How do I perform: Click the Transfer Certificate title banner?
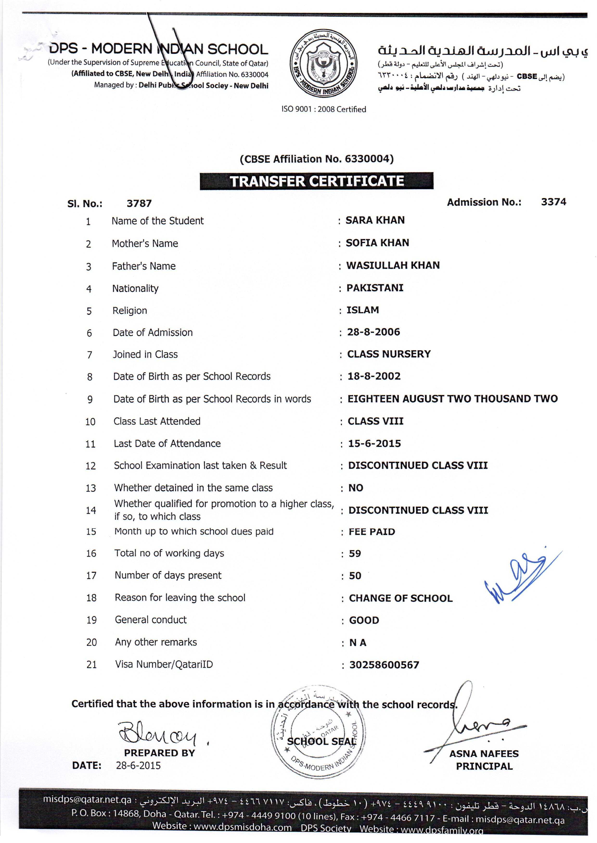(x=316, y=181)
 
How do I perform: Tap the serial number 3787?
(x=139, y=203)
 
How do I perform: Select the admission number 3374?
(x=553, y=202)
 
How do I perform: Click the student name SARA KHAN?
(x=375, y=220)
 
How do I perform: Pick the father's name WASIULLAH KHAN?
(x=393, y=265)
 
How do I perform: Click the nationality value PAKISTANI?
(x=375, y=288)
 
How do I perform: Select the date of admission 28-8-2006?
(x=373, y=332)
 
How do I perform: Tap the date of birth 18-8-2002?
(x=374, y=376)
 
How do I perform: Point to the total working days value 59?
(x=355, y=553)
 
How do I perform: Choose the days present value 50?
(x=355, y=576)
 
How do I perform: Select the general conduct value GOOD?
(x=364, y=620)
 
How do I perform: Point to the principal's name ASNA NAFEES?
(x=484, y=754)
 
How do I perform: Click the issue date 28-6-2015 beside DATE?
(x=138, y=766)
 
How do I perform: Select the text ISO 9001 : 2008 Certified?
(x=323, y=109)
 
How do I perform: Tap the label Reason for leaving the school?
(x=180, y=598)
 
